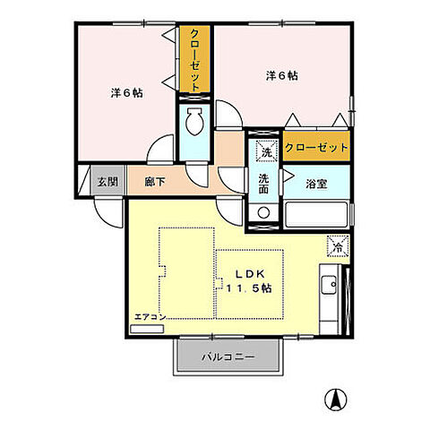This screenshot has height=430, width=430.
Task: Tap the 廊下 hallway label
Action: [x=154, y=182]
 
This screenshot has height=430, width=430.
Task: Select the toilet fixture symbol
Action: [x=193, y=121]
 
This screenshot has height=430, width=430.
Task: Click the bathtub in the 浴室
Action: [x=316, y=214]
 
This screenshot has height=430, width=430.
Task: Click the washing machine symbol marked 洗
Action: [x=264, y=150]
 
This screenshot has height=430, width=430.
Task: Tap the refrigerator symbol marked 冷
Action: [x=337, y=242]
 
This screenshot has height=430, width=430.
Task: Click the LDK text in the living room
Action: [x=249, y=274]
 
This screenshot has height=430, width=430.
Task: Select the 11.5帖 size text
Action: [x=249, y=288]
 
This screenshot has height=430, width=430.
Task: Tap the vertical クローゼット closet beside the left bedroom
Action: [x=193, y=59]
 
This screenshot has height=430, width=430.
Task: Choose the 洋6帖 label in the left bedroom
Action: [x=126, y=93]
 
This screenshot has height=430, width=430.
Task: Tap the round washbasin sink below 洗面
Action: [x=263, y=212]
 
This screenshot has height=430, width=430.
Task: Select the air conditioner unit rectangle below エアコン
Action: [x=147, y=328]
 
